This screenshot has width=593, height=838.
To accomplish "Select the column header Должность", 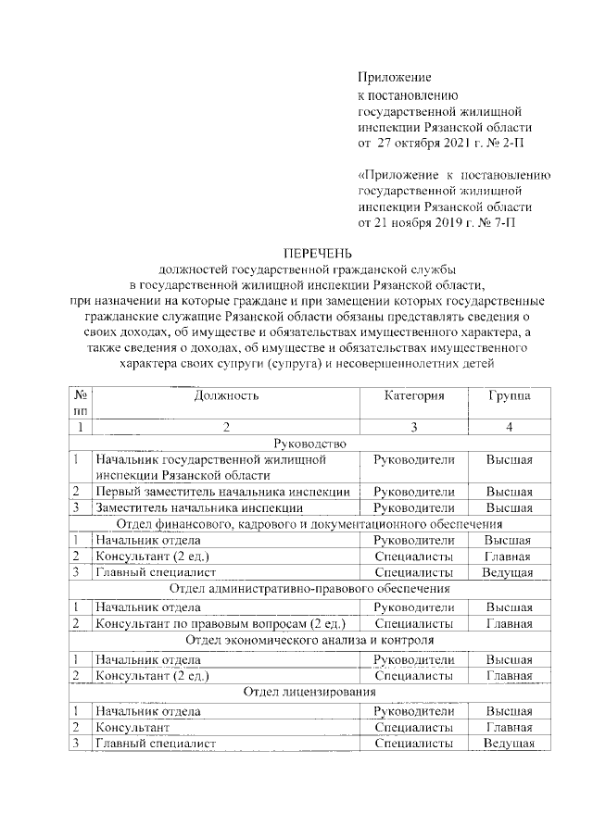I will [226, 395].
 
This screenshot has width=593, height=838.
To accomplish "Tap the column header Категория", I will [414, 395].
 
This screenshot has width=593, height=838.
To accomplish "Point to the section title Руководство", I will [309, 444].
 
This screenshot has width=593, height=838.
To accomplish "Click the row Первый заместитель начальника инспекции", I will [222, 492].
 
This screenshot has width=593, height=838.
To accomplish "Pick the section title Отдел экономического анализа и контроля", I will [309, 641].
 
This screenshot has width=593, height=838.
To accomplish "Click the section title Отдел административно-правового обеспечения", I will [309, 588].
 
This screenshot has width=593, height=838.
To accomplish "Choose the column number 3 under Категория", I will [414, 427].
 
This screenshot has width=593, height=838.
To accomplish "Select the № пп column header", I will [81, 402].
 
